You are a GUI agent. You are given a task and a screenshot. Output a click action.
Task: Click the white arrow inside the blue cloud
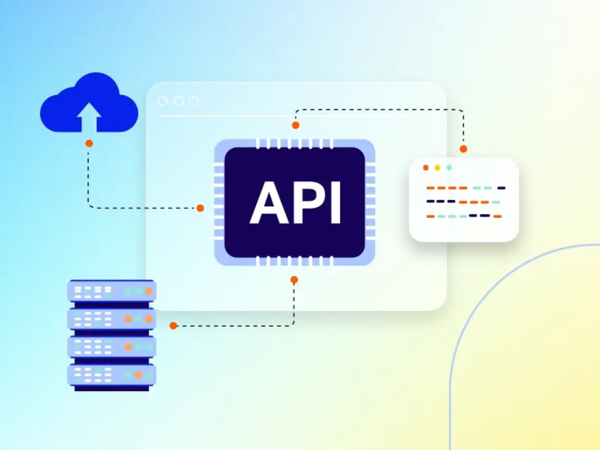pos(89,117)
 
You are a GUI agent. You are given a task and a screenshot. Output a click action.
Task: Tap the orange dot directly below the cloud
pos(89,143)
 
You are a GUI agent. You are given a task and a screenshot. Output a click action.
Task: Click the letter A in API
pos(269,202)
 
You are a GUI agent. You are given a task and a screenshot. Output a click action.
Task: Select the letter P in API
pos(310,202)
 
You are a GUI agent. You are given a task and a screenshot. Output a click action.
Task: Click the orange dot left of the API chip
pos(200,208)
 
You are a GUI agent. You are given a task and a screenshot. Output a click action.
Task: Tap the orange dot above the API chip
pos(295,125)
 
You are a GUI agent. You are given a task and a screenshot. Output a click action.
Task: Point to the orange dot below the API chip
pos(294,280)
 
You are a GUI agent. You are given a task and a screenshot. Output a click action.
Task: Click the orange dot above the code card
pos(463,149)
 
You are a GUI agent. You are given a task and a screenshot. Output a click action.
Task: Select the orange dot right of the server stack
pos(173,326)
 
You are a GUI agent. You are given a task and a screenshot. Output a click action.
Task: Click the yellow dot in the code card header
pos(437,167)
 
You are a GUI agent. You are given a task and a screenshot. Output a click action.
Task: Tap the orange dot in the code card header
pos(425,167)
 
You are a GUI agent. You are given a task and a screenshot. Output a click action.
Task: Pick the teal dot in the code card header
pos(449,167)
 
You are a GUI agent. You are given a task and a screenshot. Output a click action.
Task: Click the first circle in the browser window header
pos(162,101)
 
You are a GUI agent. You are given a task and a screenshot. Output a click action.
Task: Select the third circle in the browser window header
pos(194,101)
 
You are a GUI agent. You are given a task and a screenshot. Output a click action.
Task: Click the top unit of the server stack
pos(112,291)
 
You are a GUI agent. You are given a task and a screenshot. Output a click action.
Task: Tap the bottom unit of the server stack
pos(112,375)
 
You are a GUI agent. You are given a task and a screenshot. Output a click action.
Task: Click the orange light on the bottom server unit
pos(139,375)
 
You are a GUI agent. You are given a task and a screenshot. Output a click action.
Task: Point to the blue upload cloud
pos(89,103)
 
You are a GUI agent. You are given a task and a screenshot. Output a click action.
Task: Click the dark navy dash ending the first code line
pos(501,188)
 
